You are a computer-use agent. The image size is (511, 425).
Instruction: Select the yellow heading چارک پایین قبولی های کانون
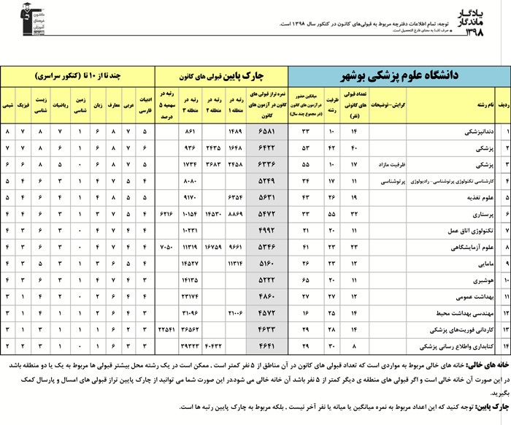click(x=223, y=77)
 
